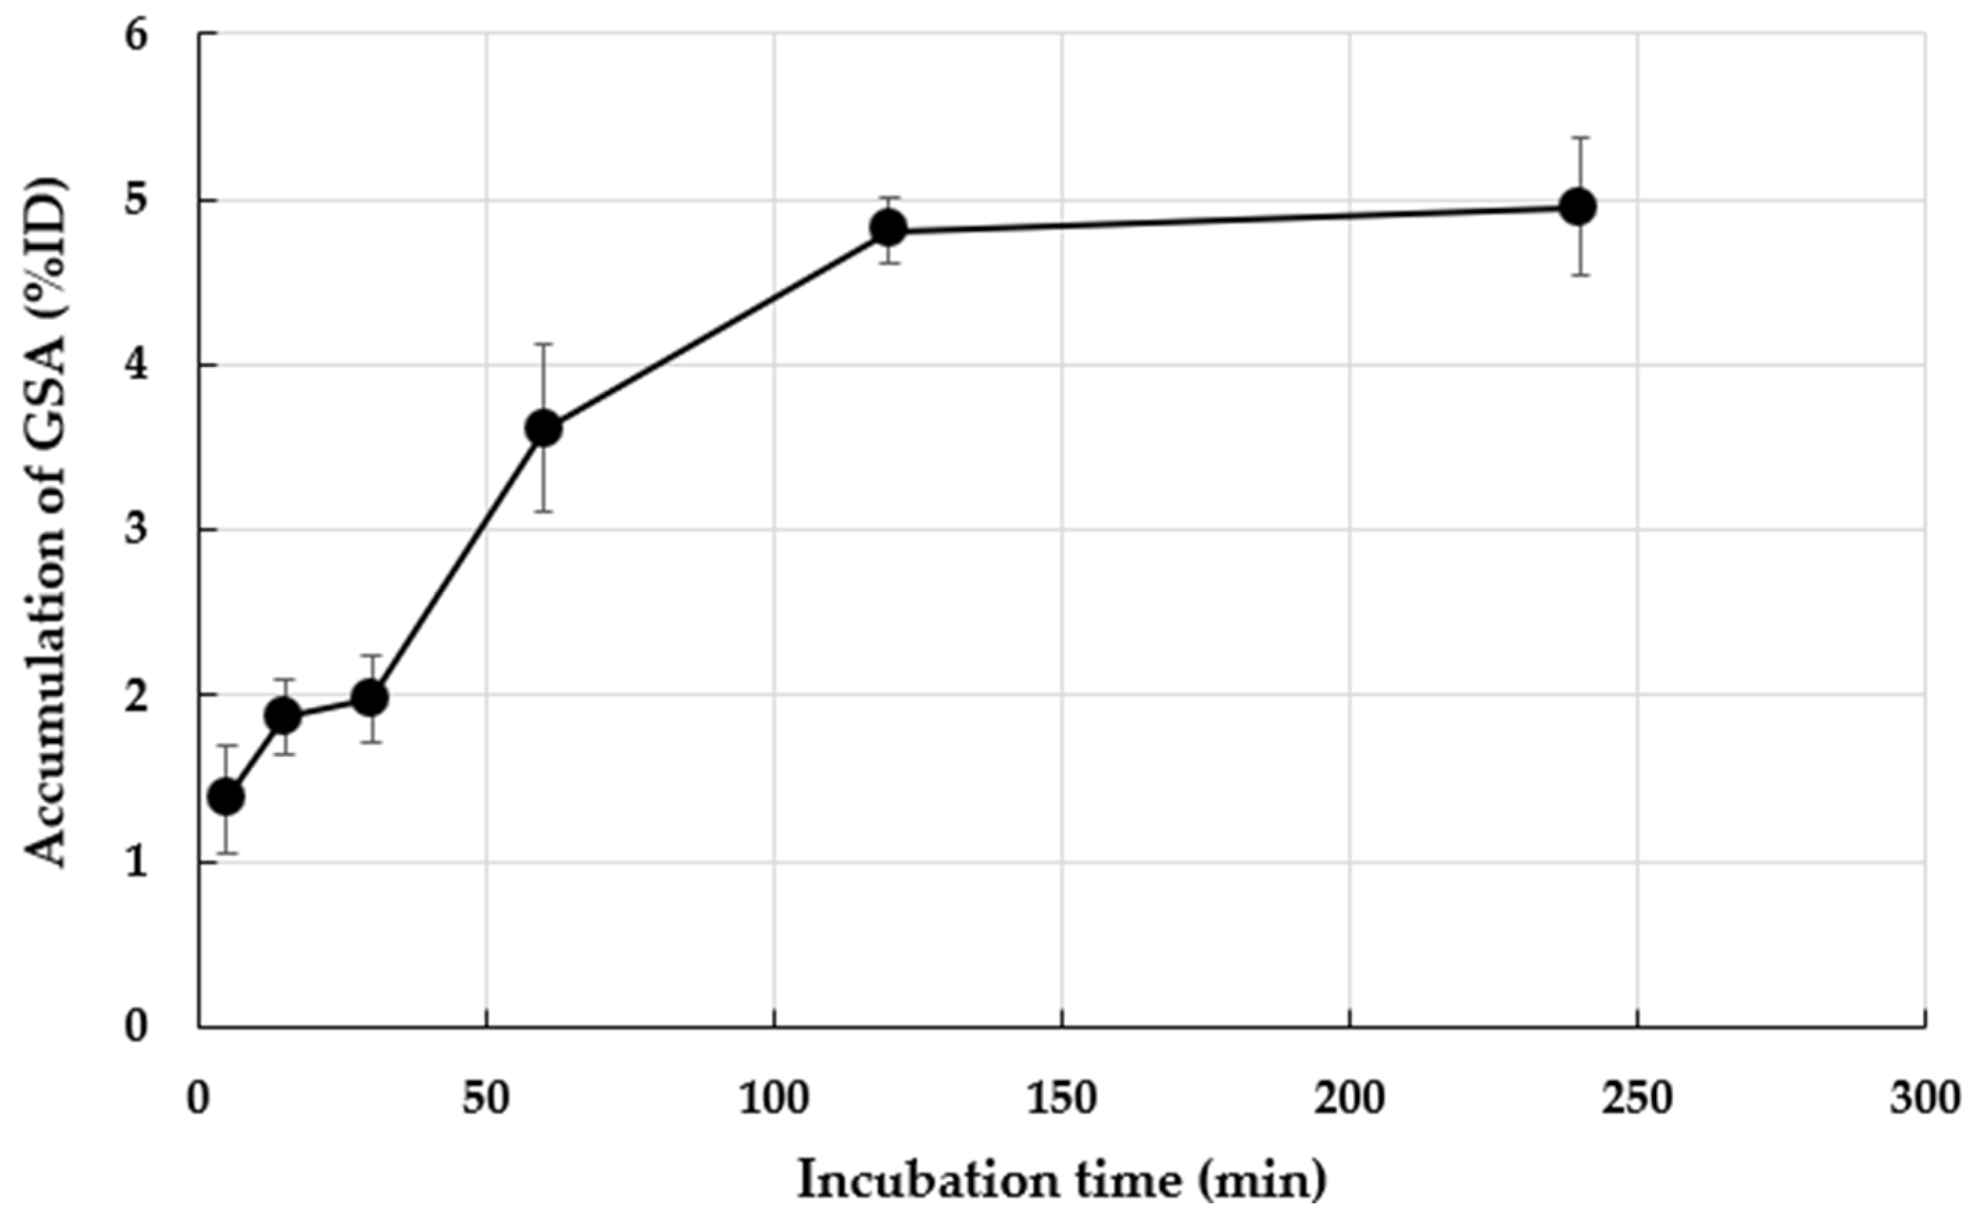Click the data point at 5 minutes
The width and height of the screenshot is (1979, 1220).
226,797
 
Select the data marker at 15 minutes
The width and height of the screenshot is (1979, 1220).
283,715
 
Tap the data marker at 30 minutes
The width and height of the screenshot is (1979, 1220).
371,698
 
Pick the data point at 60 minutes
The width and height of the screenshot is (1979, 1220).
544,428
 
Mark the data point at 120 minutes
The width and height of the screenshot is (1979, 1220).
889,228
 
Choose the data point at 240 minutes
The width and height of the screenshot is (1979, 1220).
1578,207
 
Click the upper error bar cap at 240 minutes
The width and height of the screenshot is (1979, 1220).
1578,138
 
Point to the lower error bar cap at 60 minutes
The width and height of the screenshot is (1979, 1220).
544,511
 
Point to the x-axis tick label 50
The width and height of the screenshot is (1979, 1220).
486,1099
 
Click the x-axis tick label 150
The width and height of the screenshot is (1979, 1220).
1061,1099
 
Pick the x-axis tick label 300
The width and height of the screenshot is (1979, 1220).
1924,1099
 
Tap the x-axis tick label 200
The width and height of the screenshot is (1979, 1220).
1349,1099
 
